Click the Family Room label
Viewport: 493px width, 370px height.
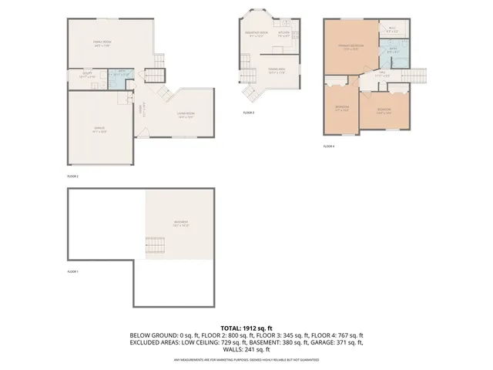[102, 43]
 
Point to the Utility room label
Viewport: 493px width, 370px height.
[87, 76]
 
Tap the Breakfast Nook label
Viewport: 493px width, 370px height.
[256, 33]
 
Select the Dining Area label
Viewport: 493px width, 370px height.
[267, 71]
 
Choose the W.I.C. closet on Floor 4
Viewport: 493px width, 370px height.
[391, 31]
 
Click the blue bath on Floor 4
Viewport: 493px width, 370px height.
[392, 52]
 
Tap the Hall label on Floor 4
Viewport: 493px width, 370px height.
[381, 75]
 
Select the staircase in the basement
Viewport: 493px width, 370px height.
[154, 247]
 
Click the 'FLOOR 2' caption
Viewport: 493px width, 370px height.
[73, 177]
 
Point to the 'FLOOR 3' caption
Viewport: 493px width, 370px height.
[248, 113]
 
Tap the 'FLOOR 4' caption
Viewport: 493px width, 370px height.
[329, 146]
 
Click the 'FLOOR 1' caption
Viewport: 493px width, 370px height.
[72, 271]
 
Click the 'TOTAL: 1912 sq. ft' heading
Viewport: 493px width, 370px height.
[247, 328]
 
